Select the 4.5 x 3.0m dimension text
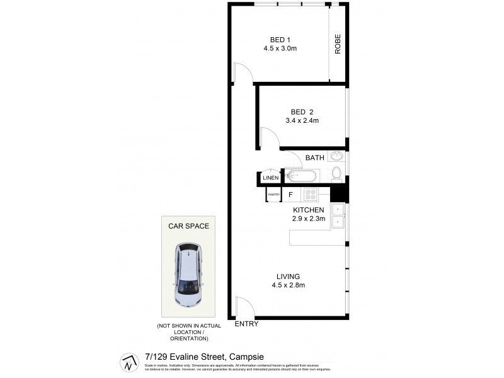tap(280, 48)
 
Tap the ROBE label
tap(338, 43)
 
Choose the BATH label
tap(314, 157)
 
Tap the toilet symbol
tap(336, 173)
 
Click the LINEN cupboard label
tap(271, 178)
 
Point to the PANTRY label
tap(273, 195)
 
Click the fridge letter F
tap(290, 195)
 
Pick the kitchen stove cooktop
tap(310, 195)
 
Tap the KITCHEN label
tap(308, 210)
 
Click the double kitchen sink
tap(338, 215)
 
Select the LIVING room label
tap(287, 276)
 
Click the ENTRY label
tap(246, 324)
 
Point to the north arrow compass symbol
tap(128, 362)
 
